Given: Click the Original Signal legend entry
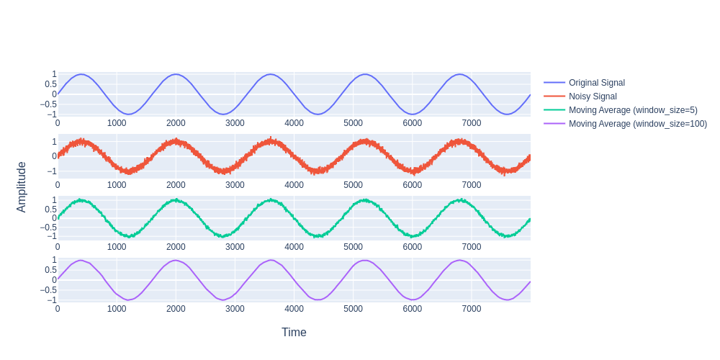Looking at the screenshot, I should [x=596, y=83].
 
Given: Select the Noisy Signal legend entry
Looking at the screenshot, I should [x=592, y=96].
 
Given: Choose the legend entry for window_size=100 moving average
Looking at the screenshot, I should [x=637, y=124].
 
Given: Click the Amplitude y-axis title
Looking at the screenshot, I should [x=22, y=186].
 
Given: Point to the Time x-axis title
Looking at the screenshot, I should [x=294, y=332].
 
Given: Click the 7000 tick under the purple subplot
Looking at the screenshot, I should [x=471, y=309].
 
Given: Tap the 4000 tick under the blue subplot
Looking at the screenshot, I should [x=294, y=123].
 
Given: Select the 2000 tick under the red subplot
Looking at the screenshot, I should [x=176, y=185].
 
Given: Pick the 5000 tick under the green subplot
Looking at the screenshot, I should [x=353, y=247].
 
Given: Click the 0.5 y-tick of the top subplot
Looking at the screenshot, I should [x=50, y=84].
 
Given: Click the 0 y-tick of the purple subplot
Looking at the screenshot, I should [x=53, y=280].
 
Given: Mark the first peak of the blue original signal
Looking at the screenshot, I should [x=81, y=74].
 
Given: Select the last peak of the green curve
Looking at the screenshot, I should [x=459, y=199].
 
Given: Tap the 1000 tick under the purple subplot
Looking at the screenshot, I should [x=117, y=309].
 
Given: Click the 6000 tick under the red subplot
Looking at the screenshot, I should [x=412, y=185].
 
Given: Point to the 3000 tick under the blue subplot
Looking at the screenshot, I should [x=235, y=123].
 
